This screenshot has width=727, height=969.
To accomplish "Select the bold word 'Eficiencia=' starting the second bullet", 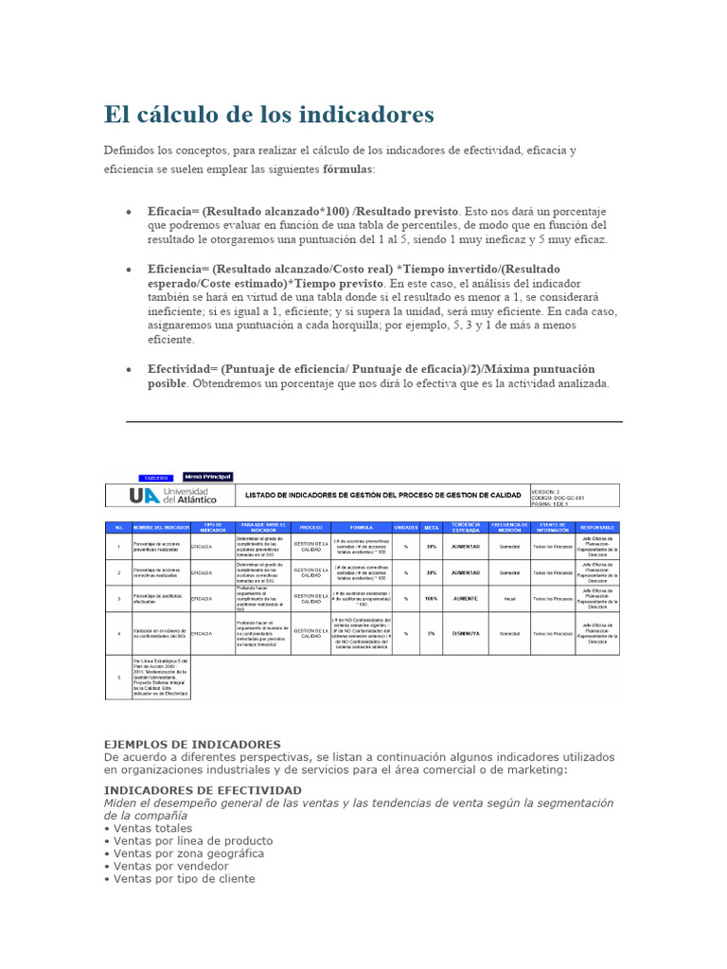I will click(177, 270).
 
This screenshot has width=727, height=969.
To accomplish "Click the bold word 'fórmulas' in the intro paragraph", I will click(347, 168).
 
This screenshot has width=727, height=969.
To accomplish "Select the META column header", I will click(432, 526).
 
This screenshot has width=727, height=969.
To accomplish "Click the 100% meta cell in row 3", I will click(432, 599).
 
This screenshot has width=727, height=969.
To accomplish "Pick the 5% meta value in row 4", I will click(432, 633).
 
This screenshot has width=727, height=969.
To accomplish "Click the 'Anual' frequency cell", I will click(510, 599).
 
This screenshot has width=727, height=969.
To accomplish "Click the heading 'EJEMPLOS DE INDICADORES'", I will click(192, 745).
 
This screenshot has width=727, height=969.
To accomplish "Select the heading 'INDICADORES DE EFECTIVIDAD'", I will click(203, 789).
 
